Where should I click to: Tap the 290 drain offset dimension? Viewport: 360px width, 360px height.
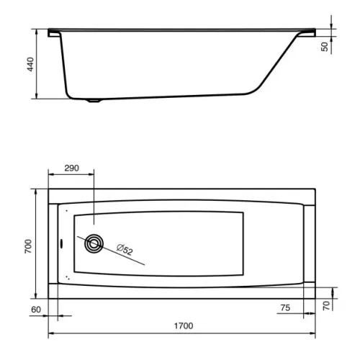71,168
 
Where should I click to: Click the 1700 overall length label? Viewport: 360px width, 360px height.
183,326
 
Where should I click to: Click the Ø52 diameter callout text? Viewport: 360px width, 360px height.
124,250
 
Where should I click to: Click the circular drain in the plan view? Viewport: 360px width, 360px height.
94,244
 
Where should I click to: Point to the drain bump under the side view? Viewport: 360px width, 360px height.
94,101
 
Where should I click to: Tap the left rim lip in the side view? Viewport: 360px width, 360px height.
54,32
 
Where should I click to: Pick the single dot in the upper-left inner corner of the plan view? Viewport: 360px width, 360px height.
66,211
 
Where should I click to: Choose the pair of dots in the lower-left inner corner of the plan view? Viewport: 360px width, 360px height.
67,276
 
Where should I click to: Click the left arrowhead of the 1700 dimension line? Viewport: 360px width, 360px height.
50,335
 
